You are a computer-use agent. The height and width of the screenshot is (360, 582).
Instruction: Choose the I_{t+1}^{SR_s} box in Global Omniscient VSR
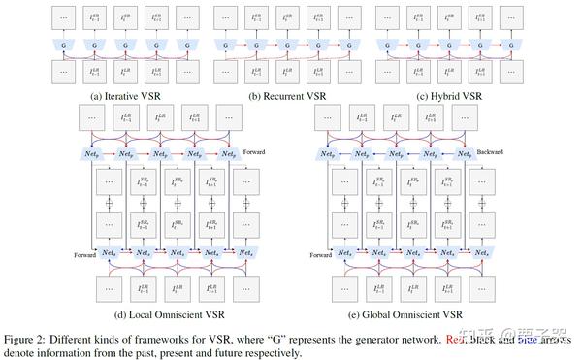[x=444, y=225]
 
